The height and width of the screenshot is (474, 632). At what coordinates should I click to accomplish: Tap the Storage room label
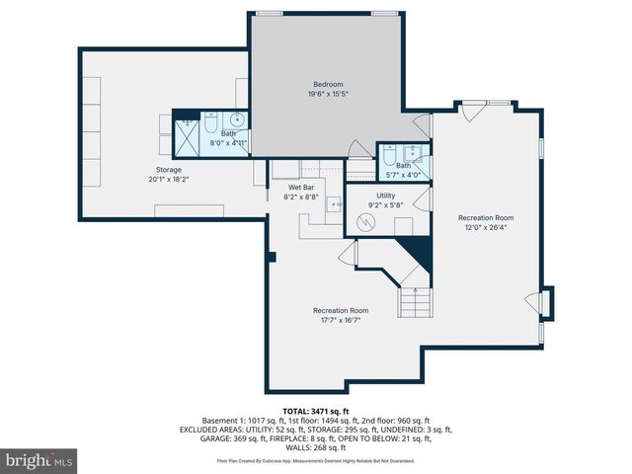coord(168,169)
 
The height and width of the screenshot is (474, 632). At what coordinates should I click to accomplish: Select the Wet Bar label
coord(301,187)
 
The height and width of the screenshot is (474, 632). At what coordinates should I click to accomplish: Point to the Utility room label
coord(385,197)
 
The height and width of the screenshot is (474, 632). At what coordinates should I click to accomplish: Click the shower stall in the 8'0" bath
coord(186,136)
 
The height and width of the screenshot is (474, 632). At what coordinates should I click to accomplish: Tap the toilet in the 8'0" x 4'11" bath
coord(211,127)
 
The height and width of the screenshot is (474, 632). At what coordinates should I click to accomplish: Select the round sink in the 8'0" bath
coord(237,121)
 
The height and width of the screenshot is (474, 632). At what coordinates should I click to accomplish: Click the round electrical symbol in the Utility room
coord(366,223)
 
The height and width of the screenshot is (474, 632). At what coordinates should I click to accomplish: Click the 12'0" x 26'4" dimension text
coord(485,226)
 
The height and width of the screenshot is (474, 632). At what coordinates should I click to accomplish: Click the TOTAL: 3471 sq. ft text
coord(316,411)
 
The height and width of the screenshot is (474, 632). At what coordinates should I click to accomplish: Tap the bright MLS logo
coord(39,460)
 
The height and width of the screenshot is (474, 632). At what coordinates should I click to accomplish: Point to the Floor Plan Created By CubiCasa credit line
coord(316,460)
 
